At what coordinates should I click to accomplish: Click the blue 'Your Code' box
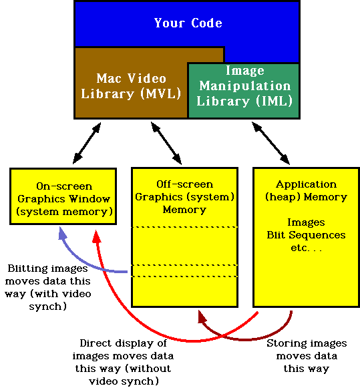click(x=188, y=24)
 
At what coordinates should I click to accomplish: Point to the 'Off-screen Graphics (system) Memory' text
click(x=184, y=196)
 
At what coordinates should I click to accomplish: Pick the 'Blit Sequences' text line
click(x=307, y=235)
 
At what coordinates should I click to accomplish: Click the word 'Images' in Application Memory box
click(x=306, y=222)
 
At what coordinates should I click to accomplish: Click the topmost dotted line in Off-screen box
click(x=185, y=228)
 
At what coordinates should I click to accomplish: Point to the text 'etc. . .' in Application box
click(x=307, y=247)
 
